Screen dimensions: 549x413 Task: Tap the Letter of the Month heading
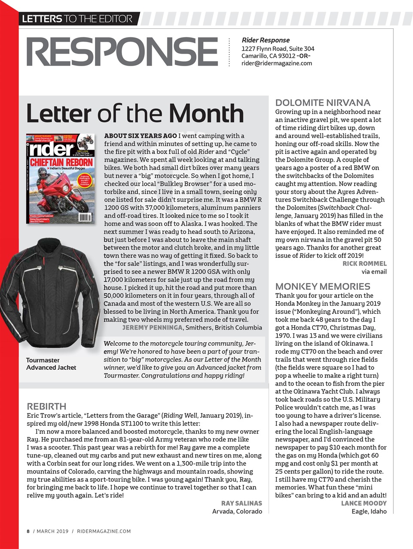coord(135,113)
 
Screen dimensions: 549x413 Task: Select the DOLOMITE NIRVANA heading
coord(322,103)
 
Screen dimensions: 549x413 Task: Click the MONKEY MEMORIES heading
coord(322,287)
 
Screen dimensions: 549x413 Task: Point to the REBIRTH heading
coord(46,406)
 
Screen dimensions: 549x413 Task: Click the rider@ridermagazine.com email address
coord(277,63)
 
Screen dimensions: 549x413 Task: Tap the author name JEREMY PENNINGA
coord(153,328)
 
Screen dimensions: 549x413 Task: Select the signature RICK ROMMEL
coord(364,263)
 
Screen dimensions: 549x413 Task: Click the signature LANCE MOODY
coord(364,503)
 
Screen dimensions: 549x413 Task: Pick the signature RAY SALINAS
coord(241,503)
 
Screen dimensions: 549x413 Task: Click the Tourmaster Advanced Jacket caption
coord(51,364)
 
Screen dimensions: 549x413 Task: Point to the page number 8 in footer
coord(28,531)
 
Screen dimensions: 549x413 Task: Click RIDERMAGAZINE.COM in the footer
coord(104,531)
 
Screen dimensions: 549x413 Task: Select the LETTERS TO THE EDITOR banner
coord(77,19)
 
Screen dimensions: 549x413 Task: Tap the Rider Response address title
coord(266,40)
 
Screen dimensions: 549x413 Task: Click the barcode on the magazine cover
coord(85,217)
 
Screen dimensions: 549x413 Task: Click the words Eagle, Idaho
coord(369,511)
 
